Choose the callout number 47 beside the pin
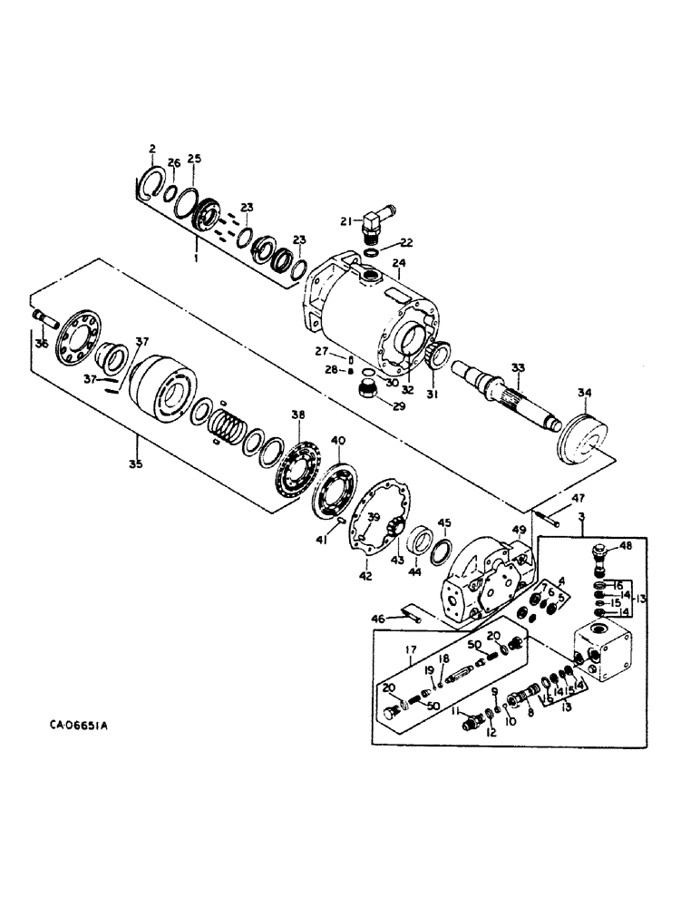(x=579, y=500)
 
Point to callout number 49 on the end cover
(x=519, y=531)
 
